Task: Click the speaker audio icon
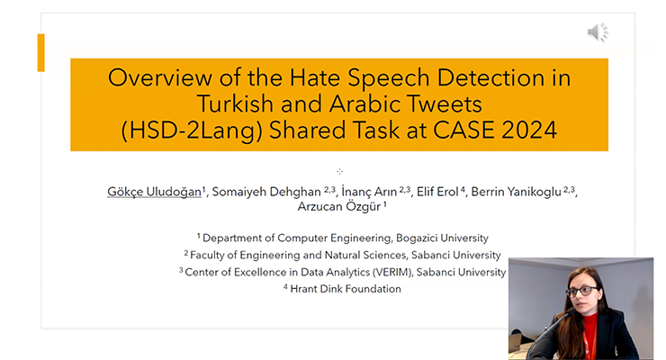(x=598, y=32)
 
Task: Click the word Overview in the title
(x=159, y=77)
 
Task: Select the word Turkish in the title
(x=235, y=103)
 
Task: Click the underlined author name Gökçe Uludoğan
(x=154, y=192)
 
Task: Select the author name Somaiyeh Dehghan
(x=266, y=192)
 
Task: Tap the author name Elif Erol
(x=437, y=192)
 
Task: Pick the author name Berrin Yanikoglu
(x=516, y=192)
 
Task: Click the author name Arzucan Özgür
(x=339, y=207)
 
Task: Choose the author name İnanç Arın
(x=369, y=192)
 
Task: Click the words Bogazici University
(x=442, y=238)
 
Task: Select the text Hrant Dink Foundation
(x=346, y=289)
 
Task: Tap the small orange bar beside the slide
(x=40, y=52)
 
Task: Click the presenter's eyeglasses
(x=581, y=292)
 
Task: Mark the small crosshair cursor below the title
(x=339, y=172)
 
